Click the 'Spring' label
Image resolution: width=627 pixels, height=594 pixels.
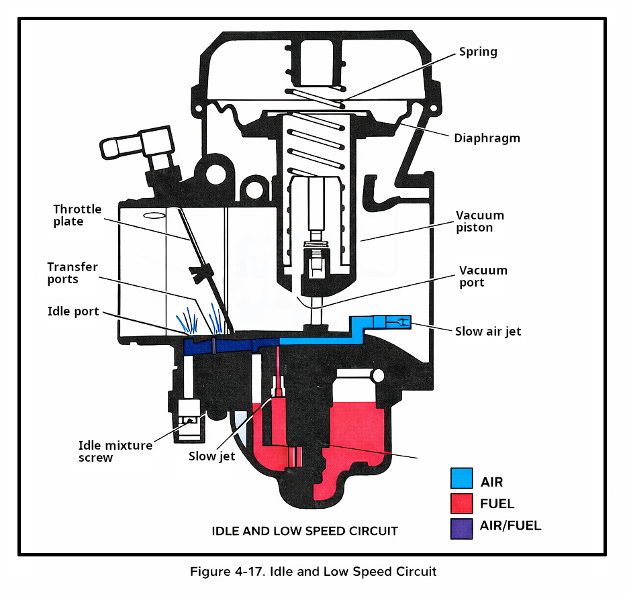[x=478, y=52]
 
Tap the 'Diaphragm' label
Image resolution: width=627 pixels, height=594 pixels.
[x=487, y=138]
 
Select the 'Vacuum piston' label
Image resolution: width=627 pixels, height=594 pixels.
[x=480, y=221]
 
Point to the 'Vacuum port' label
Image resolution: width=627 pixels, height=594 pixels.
[x=483, y=276]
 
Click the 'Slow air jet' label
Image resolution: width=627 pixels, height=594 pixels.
[x=488, y=331]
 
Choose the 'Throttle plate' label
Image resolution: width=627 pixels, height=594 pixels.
[x=77, y=215]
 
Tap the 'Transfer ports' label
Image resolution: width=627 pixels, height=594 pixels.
[x=72, y=273]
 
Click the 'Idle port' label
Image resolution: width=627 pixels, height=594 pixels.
[x=73, y=311]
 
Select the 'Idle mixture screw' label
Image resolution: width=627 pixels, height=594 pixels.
[x=115, y=451]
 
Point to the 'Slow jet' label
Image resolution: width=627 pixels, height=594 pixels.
[x=211, y=456]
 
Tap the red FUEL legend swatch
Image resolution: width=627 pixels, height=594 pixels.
[x=461, y=503]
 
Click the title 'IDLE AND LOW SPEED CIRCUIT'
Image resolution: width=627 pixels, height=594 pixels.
[x=305, y=531]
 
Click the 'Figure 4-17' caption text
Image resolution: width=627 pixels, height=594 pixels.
[x=313, y=572]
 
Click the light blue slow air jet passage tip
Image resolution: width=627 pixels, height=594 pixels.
[x=396, y=323]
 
